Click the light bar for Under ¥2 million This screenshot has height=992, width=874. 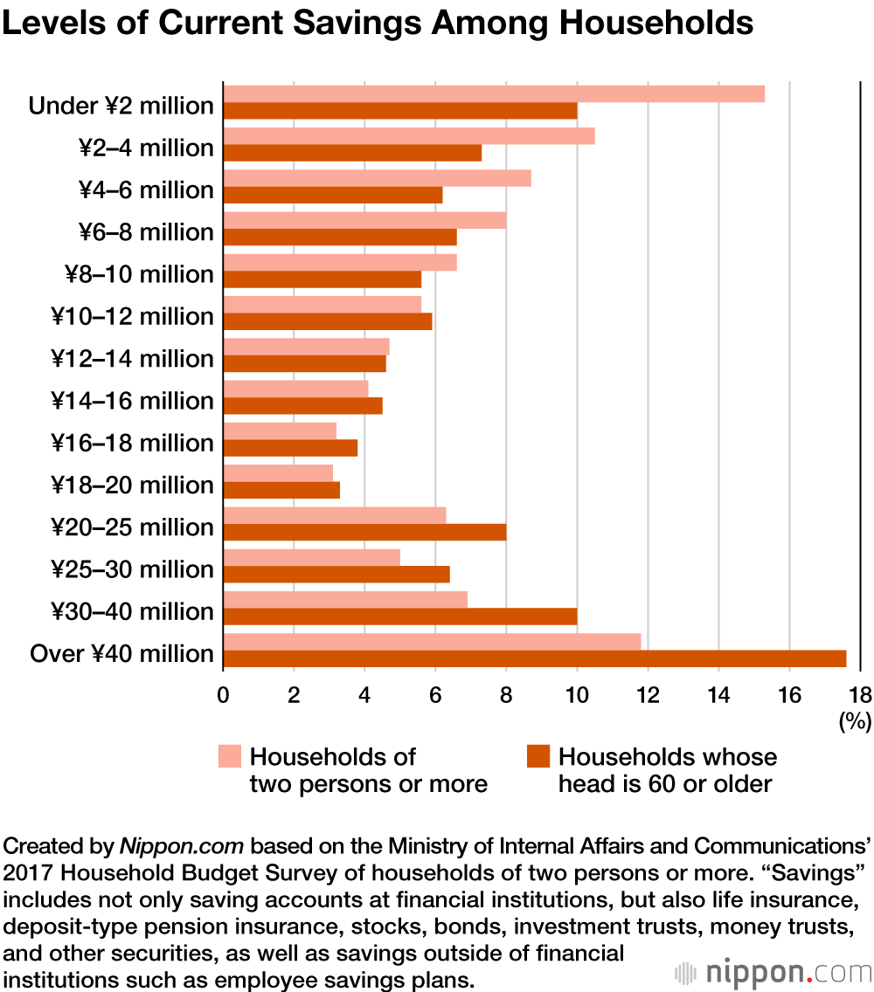pyautogui.click(x=494, y=94)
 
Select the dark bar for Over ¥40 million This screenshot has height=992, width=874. pyautogui.click(x=534, y=658)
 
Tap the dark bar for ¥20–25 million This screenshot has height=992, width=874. pyautogui.click(x=364, y=532)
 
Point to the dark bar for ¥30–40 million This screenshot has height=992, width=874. pyautogui.click(x=399, y=617)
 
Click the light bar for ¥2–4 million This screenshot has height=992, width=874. pyautogui.click(x=409, y=136)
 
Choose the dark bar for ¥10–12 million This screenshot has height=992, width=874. pyautogui.click(x=328, y=321)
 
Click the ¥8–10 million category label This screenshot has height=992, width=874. pyautogui.click(x=139, y=274)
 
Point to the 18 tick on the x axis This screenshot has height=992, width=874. pyautogui.click(x=860, y=696)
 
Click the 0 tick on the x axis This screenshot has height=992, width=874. pyautogui.click(x=224, y=696)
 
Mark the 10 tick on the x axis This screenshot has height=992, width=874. pyautogui.click(x=577, y=696)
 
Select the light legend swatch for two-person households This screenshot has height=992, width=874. pyautogui.click(x=229, y=756)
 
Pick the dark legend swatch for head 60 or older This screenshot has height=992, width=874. pyautogui.click(x=538, y=756)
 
